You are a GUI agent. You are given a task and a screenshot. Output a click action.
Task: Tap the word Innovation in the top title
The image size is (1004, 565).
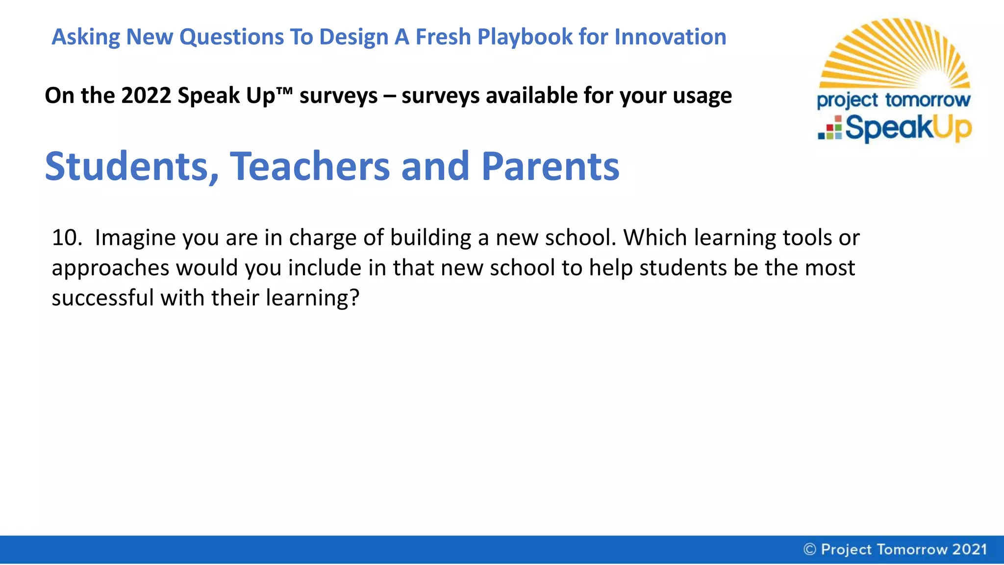tap(670, 37)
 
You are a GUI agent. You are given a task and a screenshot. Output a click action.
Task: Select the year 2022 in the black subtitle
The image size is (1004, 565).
tap(146, 96)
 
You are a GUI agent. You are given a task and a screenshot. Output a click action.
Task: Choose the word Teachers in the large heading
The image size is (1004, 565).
tap(310, 167)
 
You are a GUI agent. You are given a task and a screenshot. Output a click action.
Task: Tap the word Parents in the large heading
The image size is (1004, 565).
tap(550, 167)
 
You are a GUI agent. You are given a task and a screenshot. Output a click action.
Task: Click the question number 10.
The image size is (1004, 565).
tap(67, 238)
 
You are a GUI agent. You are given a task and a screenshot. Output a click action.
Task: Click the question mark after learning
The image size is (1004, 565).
tap(354, 298)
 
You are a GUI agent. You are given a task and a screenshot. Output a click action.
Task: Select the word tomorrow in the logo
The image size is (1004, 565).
tap(928, 100)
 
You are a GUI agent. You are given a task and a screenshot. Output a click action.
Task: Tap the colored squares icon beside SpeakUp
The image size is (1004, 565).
tap(830, 128)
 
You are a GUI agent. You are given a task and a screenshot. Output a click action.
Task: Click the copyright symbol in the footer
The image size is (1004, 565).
tap(809, 549)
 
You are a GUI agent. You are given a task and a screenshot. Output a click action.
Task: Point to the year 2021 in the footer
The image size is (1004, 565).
tap(969, 549)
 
